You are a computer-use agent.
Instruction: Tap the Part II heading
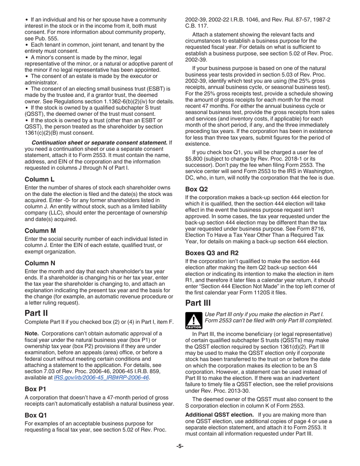point(36,313)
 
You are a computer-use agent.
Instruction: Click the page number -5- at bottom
point(180,446)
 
